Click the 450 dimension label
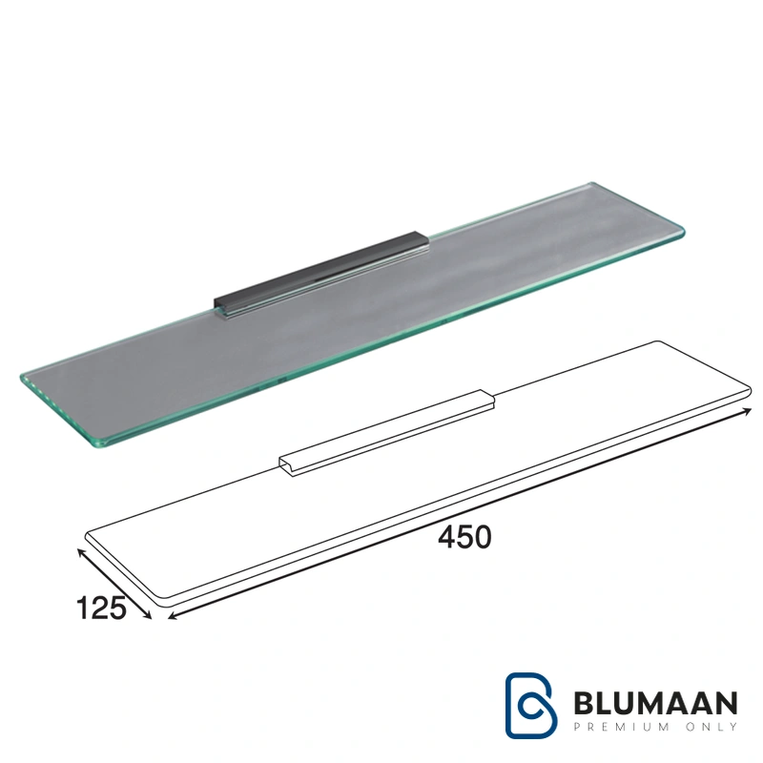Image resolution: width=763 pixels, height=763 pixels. tap(464, 538)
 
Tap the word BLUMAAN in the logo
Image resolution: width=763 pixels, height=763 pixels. tap(655, 703)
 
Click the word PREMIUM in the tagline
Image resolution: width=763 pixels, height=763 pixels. tap(622, 727)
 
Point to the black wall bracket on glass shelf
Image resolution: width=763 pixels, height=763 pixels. tap(321, 276)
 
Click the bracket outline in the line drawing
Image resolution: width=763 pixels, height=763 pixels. tap(387, 433)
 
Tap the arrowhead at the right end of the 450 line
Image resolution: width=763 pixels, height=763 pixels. tap(747, 412)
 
